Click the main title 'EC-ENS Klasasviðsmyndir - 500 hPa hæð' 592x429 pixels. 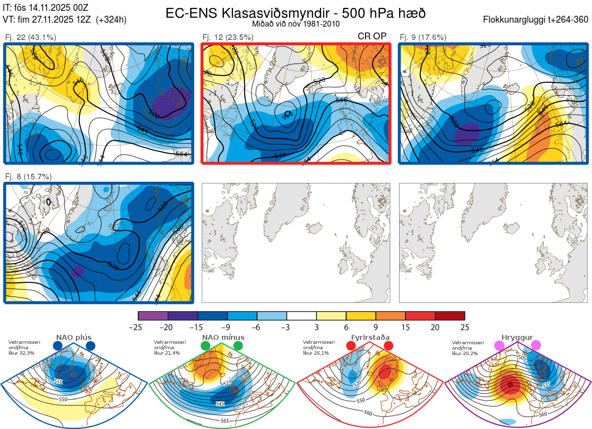[x=296, y=13]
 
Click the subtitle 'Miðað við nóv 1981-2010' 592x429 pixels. [x=296, y=24]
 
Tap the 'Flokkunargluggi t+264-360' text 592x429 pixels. [x=537, y=20]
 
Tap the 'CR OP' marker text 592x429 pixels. [x=371, y=36]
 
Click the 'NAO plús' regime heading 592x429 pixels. [x=74, y=337]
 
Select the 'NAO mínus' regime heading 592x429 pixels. [x=223, y=337]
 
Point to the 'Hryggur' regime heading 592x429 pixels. [x=517, y=337]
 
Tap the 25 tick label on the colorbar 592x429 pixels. [x=464, y=327]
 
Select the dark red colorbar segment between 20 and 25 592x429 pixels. [x=450, y=316]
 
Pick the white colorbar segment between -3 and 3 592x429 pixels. [x=301, y=316]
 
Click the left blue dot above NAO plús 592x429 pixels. [x=58, y=346]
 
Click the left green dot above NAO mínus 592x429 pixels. [x=206, y=346]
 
